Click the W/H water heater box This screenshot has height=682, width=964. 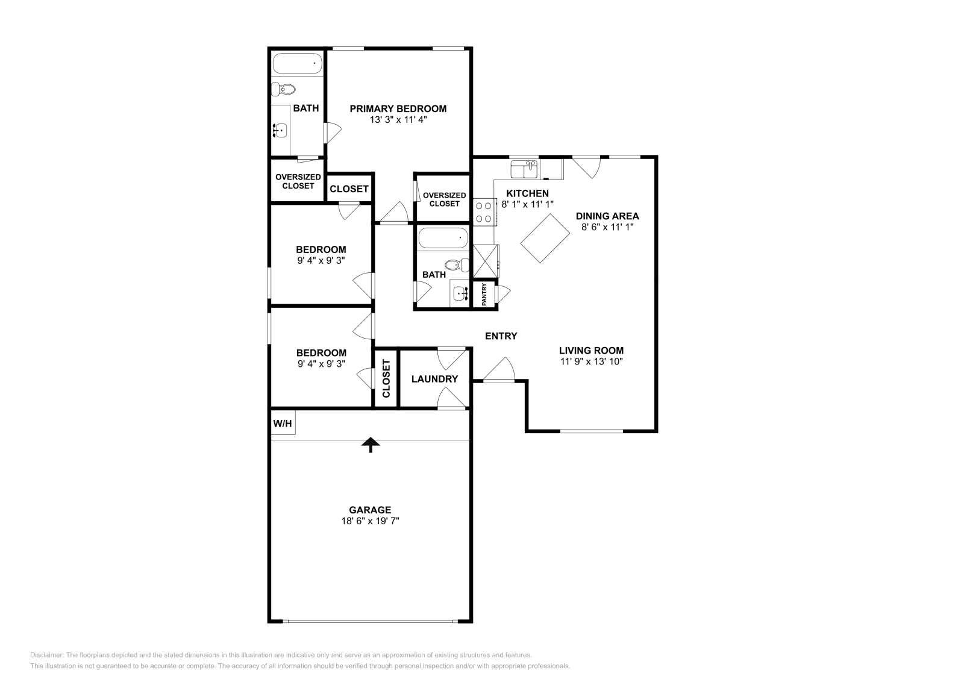[283, 424]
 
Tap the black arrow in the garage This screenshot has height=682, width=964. [371, 445]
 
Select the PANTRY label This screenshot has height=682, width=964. [484, 295]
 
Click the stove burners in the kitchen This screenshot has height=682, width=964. [483, 211]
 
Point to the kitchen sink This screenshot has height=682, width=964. [524, 169]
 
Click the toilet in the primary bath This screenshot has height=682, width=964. [283, 90]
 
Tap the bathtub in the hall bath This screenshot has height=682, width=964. [443, 238]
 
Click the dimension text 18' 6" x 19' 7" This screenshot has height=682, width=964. [370, 521]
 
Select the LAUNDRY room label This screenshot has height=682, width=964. [434, 379]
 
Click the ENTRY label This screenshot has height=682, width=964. [501, 336]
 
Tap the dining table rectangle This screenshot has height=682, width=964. [545, 237]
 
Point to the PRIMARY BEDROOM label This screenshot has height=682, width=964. [398, 109]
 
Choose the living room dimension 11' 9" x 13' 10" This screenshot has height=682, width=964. [591, 361]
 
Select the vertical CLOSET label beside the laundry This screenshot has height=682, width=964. [386, 378]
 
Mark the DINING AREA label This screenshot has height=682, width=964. [607, 216]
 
